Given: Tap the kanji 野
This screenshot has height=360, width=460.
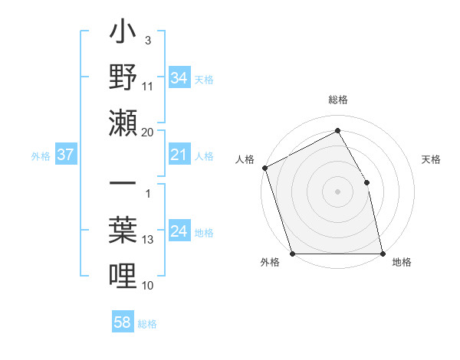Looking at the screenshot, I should [x=123, y=78].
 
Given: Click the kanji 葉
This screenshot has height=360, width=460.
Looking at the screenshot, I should [x=123, y=230].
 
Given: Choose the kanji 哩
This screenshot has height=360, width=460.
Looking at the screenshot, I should [x=123, y=274].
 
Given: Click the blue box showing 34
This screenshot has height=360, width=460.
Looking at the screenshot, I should [x=179, y=78].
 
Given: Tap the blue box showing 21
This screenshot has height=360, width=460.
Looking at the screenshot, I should [x=179, y=155].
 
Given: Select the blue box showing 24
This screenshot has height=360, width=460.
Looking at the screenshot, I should [x=179, y=232].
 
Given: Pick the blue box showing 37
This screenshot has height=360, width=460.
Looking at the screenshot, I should [x=65, y=155].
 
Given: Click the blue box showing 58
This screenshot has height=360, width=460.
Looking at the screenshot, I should [x=122, y=323].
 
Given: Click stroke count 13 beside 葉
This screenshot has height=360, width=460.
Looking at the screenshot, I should [x=148, y=240].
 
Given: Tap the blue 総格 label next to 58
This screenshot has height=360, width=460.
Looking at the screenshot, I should [x=147, y=324].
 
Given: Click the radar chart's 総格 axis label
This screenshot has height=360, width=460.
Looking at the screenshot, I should [x=337, y=100].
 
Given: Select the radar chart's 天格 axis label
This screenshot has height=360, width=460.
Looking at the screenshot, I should [x=432, y=159].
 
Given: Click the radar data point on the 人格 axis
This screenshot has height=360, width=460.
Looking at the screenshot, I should [x=264, y=168].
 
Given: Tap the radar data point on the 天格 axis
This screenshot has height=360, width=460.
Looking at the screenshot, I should [x=366, y=182].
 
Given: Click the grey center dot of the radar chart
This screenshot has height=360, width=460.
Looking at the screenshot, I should [x=337, y=191].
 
